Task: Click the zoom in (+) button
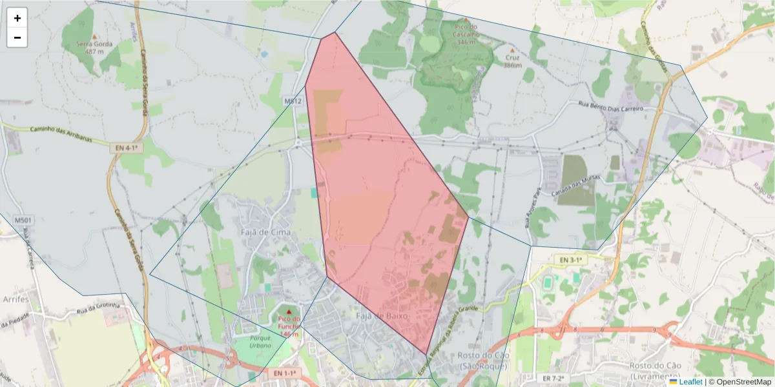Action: [x=17, y=18]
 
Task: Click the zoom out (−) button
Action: [x=17, y=37]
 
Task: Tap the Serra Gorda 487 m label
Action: [x=94, y=47]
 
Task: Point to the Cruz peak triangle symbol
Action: [x=513, y=50]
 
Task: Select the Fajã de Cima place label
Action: [x=266, y=232]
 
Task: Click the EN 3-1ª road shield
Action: [x=570, y=259]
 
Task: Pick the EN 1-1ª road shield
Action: [x=284, y=373]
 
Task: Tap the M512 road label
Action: [x=293, y=101]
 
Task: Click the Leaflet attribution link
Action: [x=690, y=382]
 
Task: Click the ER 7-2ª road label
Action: [x=553, y=378]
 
